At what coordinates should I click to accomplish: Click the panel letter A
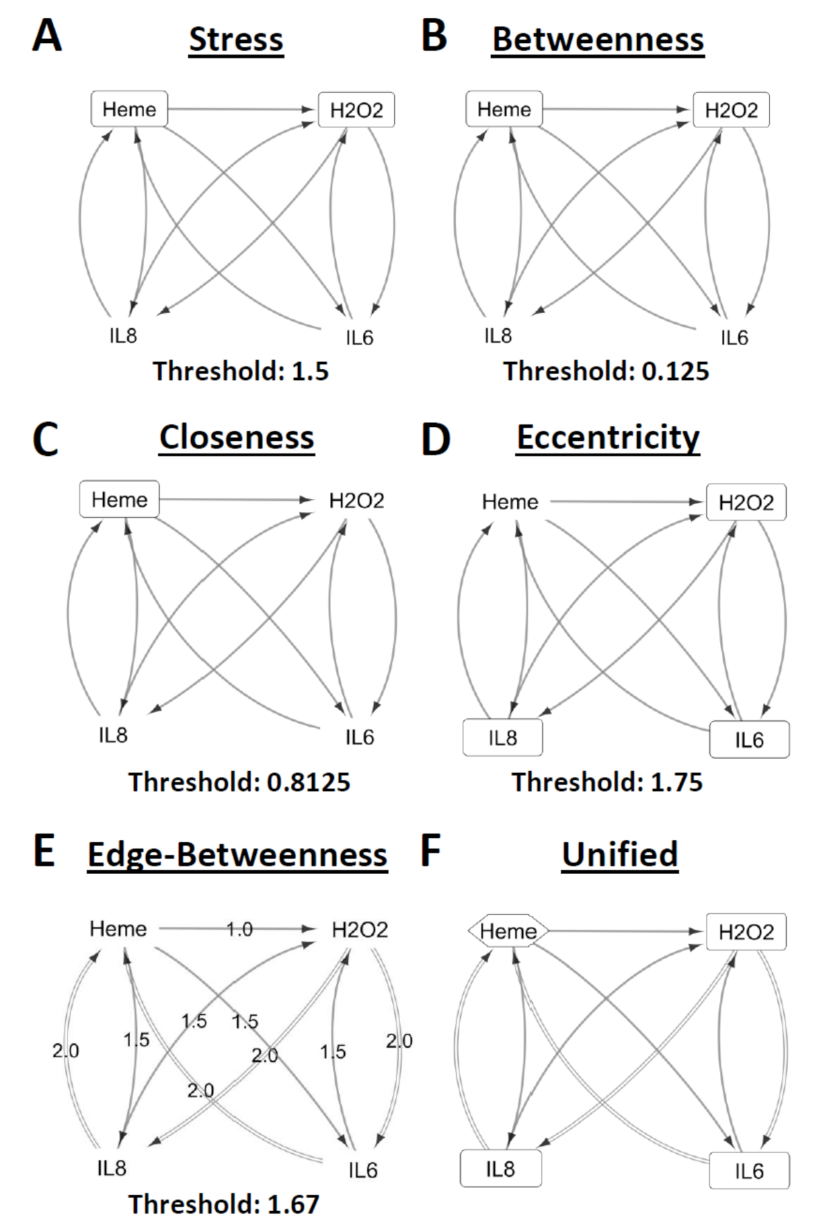point(47,36)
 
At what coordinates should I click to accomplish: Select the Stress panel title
point(236,40)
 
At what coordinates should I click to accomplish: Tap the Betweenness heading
point(598,40)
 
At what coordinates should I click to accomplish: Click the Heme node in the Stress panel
point(129,109)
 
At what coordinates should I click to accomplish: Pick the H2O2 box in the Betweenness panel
point(731,110)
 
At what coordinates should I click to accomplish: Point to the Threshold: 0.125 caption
point(606,371)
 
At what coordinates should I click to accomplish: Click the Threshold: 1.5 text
point(241,371)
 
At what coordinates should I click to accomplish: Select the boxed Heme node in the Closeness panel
point(119,500)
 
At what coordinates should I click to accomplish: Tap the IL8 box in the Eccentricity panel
point(502,738)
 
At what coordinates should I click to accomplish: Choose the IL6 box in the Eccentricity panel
point(749,739)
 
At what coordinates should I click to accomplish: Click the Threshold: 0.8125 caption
point(239,782)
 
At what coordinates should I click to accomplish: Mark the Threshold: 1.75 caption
point(607,782)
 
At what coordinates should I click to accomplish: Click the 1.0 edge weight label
point(239,930)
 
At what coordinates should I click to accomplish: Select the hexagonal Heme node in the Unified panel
point(508,932)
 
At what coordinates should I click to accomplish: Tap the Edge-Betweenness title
point(237,854)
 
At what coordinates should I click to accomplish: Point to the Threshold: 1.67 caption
point(224,1204)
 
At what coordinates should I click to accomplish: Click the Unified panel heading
point(620,854)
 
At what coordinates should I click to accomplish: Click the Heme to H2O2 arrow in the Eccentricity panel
point(625,502)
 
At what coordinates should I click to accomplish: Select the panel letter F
point(430,852)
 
